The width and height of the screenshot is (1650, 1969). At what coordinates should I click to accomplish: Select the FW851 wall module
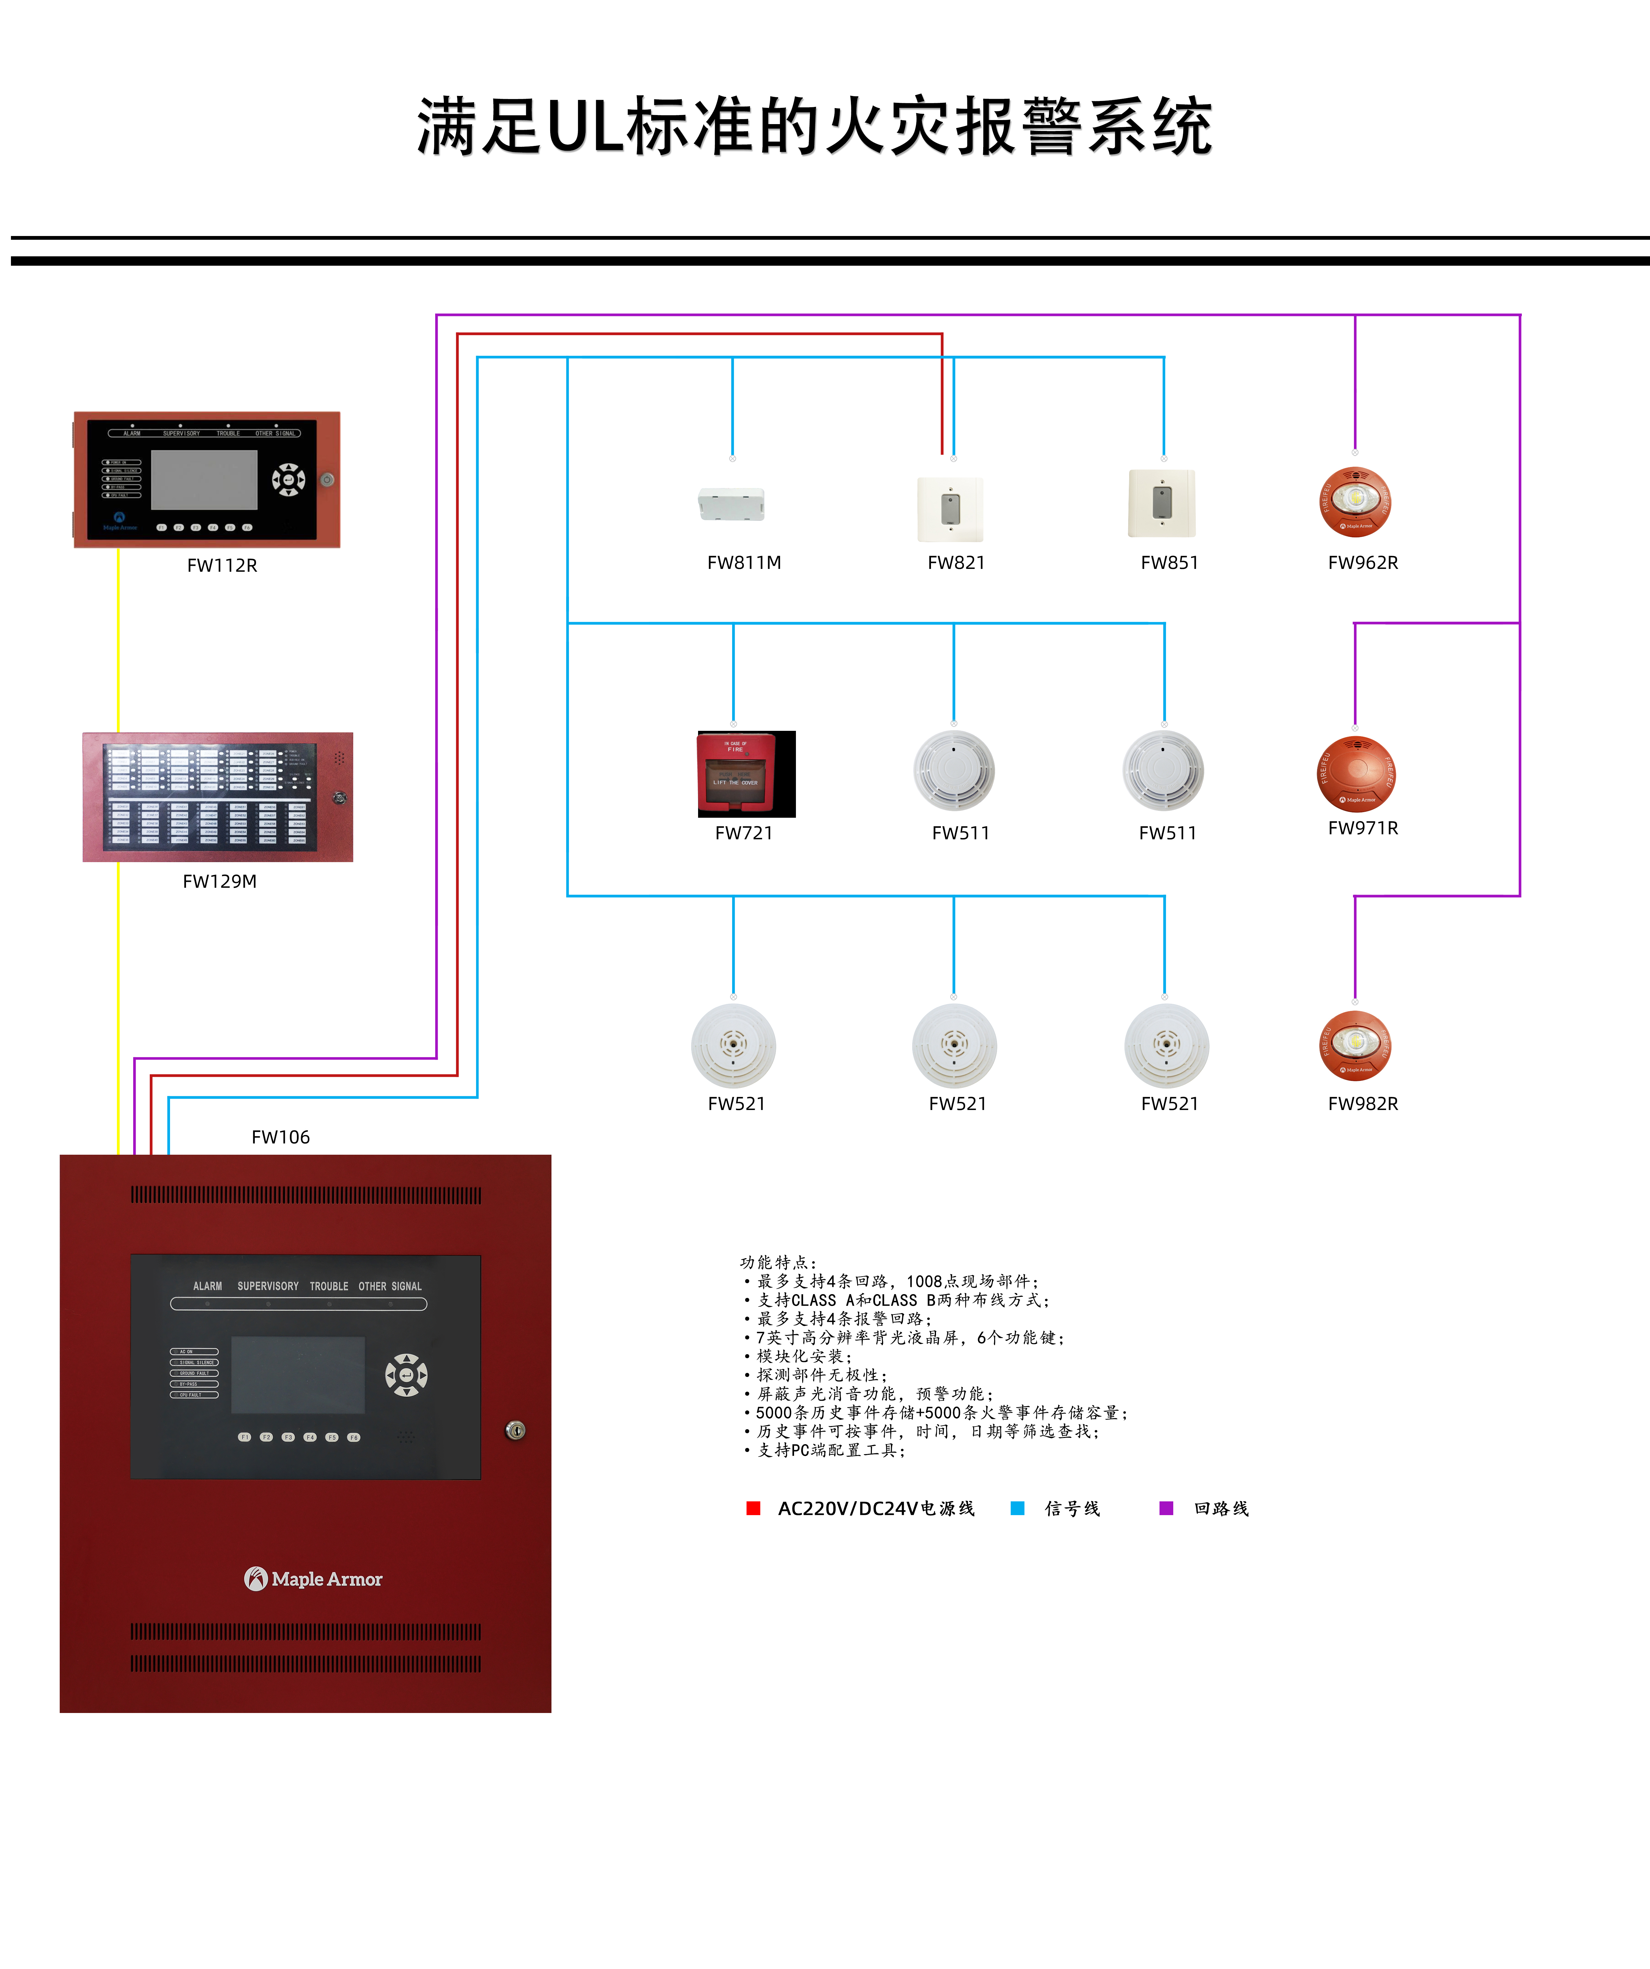[1162, 504]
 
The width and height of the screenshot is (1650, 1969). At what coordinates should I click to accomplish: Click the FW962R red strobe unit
[1356, 502]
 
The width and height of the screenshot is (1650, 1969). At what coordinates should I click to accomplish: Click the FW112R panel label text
[222, 565]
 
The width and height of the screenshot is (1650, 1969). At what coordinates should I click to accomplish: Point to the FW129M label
[219, 882]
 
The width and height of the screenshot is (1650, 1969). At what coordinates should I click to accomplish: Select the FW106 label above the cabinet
[280, 1137]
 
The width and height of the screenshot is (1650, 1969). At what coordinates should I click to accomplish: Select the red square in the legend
[753, 1508]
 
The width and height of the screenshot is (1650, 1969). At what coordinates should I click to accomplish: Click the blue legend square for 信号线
[1017, 1508]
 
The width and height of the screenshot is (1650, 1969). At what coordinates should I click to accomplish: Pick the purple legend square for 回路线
[1166, 1508]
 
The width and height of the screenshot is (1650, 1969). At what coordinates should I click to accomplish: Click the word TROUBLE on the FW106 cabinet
[329, 1286]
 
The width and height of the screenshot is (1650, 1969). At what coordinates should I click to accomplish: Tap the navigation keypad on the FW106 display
[406, 1375]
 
